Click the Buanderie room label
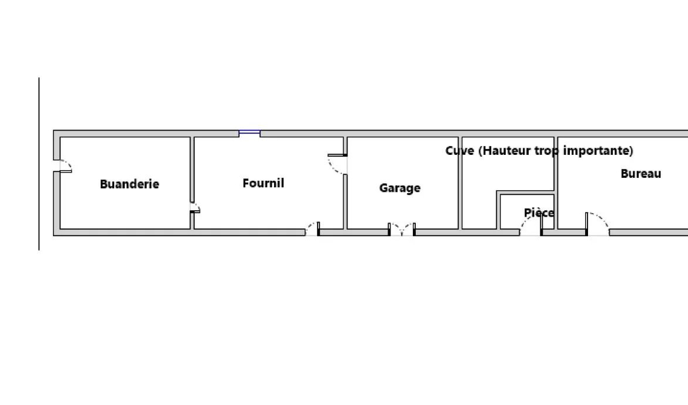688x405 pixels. [x=129, y=184]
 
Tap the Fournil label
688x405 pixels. [x=263, y=183]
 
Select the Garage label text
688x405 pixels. [x=400, y=188]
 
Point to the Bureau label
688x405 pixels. [x=641, y=174]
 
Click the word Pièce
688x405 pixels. [x=539, y=213]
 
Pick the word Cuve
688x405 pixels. [x=459, y=151]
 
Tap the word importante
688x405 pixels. [x=597, y=151]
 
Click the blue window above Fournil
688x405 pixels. [x=249, y=133]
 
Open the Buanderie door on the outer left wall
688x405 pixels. [x=64, y=165]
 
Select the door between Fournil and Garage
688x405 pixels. [x=338, y=164]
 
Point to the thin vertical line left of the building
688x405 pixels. [x=39, y=164]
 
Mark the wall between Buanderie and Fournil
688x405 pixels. [x=192, y=171]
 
